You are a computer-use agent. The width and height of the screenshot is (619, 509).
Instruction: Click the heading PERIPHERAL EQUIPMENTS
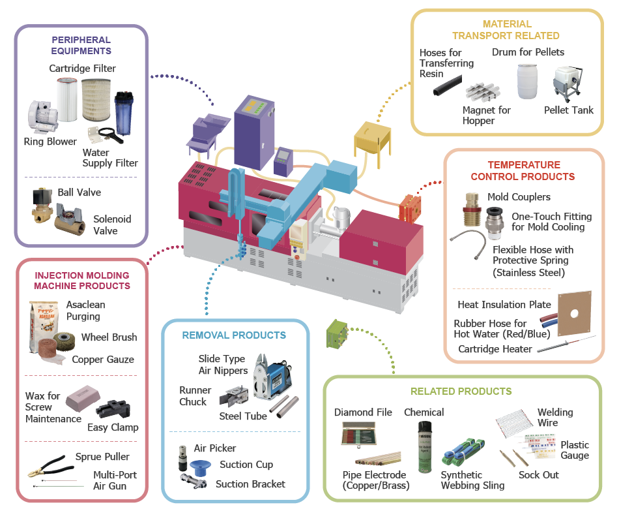click(x=81, y=44)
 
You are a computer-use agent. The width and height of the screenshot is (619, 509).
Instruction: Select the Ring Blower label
click(x=50, y=142)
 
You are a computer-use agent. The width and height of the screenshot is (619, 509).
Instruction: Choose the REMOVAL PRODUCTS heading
click(x=234, y=335)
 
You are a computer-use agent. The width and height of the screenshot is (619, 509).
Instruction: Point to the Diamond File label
click(x=363, y=412)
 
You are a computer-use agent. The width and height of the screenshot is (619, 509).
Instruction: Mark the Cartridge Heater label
click(x=495, y=349)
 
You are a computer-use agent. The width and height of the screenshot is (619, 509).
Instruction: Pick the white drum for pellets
click(x=528, y=82)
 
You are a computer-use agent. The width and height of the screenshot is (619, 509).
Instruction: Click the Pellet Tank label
click(x=569, y=110)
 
